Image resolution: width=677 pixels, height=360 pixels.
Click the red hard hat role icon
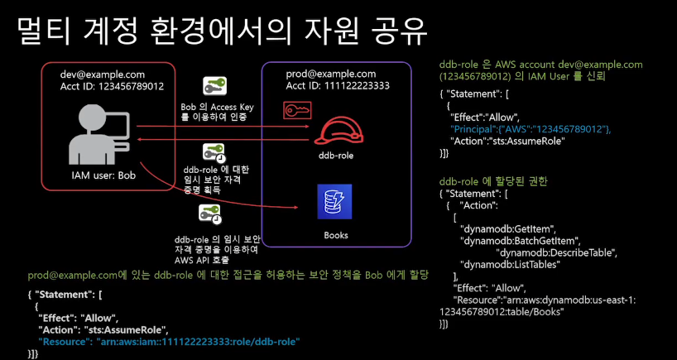338,131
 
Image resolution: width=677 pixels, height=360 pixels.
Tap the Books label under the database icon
336,235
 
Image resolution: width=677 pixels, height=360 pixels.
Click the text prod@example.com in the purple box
331,73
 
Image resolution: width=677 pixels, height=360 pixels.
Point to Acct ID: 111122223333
337,85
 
